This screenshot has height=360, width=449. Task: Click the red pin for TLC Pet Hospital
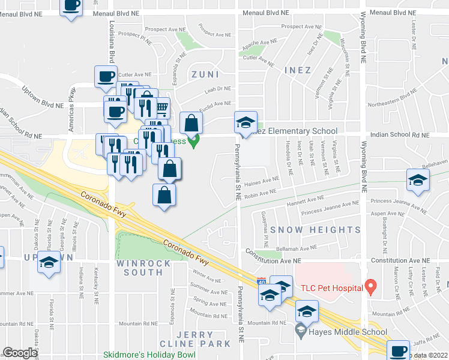(x=371, y=287)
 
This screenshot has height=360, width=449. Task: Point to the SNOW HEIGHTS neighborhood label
(x=315, y=230)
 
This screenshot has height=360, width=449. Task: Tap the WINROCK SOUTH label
(x=139, y=268)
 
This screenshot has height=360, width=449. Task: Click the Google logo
(x=20, y=353)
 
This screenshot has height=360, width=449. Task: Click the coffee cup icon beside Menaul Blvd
(x=71, y=6)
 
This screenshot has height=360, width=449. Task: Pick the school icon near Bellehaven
(x=418, y=180)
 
